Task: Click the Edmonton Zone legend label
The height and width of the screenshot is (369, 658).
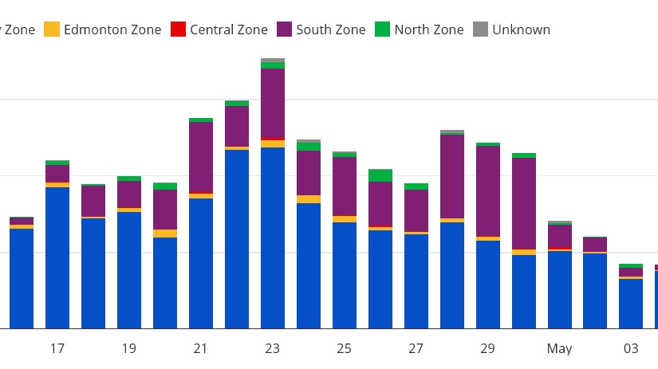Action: [112, 30]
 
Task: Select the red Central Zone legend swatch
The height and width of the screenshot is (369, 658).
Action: [178, 30]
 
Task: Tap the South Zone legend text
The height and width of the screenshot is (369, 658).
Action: [330, 30]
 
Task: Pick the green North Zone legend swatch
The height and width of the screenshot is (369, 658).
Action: [383, 30]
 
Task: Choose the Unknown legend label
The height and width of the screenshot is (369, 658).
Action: [521, 30]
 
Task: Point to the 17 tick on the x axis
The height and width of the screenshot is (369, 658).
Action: [57, 349]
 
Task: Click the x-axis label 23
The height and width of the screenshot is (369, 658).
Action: [273, 349]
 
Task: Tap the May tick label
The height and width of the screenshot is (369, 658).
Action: [560, 349]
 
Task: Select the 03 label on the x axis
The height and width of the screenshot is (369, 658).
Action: [631, 349]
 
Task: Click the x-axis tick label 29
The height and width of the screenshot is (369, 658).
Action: [488, 349]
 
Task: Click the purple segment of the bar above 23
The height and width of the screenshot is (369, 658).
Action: [273, 104]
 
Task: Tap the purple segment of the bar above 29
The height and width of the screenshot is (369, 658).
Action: [488, 191]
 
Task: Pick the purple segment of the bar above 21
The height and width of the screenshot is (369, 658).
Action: [201, 158]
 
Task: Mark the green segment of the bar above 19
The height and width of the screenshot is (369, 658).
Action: [129, 179]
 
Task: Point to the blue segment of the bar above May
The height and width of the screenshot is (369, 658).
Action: [560, 289]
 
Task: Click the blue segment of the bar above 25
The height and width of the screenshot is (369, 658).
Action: [345, 275]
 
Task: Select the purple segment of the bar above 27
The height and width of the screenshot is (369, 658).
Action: [416, 211]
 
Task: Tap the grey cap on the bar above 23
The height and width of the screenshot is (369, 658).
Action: [273, 61]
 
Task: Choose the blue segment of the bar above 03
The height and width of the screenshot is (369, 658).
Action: [631, 304]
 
